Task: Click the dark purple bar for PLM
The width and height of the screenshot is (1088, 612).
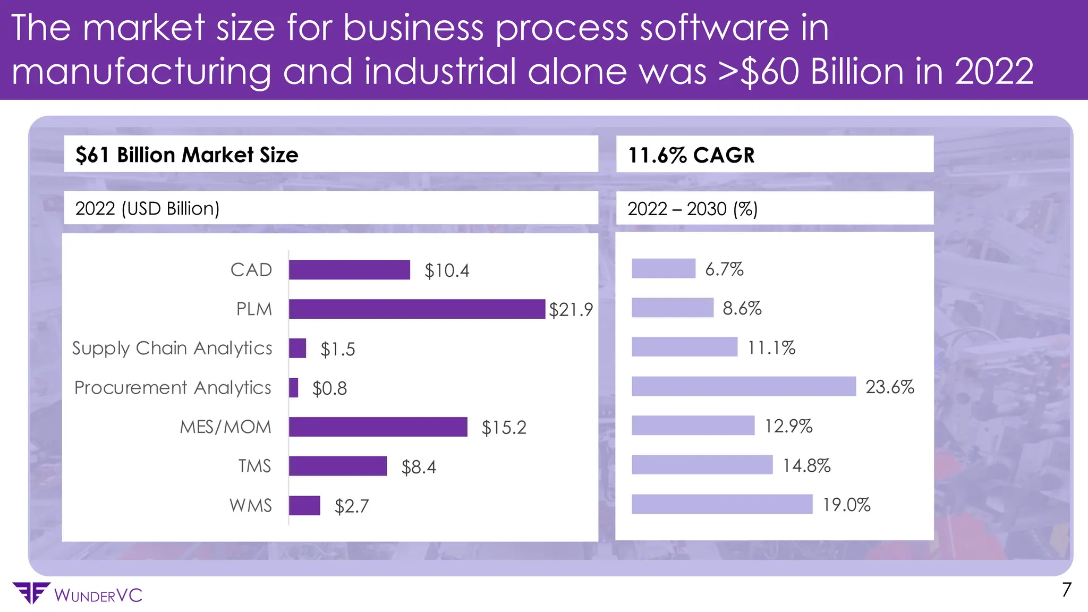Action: (416, 309)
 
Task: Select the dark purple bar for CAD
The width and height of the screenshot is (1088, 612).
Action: (349, 270)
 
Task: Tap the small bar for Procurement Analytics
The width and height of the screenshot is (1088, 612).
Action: (293, 388)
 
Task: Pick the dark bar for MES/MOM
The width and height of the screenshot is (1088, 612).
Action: (378, 427)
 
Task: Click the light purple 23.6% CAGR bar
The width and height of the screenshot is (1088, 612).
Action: (743, 386)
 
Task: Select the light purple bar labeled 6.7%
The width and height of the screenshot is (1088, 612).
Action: (663, 269)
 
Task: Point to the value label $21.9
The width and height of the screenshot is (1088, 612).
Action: (571, 310)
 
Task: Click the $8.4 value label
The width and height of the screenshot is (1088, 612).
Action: (418, 467)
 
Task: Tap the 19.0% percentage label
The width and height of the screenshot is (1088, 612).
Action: (846, 505)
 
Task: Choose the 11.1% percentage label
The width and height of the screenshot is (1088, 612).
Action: (771, 348)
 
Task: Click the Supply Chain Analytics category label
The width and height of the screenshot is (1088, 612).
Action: (172, 348)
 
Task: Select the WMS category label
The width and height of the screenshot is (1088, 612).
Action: (250, 505)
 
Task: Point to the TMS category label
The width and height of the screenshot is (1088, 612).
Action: (254, 466)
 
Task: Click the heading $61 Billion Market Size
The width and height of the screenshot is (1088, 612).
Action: (186, 155)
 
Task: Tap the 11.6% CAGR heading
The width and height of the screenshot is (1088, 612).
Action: (691, 155)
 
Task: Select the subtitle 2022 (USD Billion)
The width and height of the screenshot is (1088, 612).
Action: (147, 208)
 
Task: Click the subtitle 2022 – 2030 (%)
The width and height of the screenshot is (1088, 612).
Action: (692, 209)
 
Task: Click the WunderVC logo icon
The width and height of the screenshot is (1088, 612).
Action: (31, 593)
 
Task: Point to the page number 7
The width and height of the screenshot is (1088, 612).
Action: (1066, 590)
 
